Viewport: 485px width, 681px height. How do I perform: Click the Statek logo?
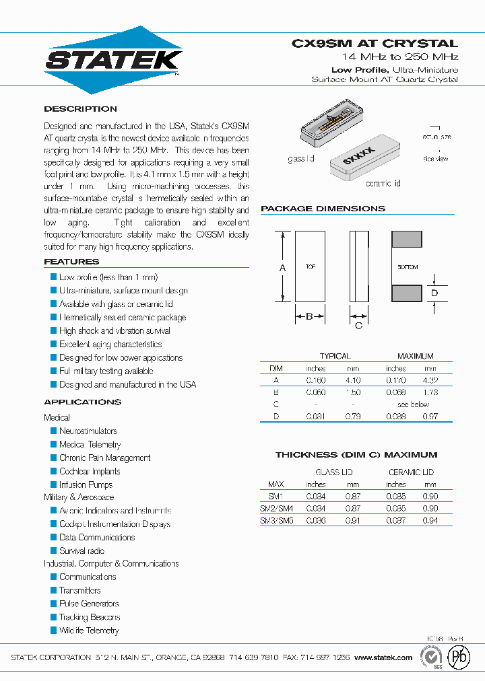click(x=113, y=60)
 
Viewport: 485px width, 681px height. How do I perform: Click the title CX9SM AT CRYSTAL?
click(x=375, y=43)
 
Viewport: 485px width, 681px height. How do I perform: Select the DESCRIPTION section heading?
click(x=80, y=109)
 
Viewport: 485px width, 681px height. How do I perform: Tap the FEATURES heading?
click(x=71, y=262)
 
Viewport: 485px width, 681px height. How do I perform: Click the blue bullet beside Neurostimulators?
click(x=54, y=431)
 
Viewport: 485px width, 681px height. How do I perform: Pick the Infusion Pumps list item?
click(x=86, y=485)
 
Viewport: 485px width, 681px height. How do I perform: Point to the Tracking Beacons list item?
click(x=90, y=617)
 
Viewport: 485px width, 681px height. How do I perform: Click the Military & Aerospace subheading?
click(x=79, y=497)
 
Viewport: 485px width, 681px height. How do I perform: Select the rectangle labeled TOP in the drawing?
click(x=310, y=267)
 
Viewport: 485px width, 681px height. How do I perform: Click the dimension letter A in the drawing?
click(x=282, y=268)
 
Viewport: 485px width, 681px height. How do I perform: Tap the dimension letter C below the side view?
click(x=358, y=326)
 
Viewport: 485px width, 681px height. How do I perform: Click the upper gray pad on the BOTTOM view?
click(x=407, y=240)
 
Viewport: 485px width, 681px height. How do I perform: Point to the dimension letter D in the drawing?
click(x=434, y=293)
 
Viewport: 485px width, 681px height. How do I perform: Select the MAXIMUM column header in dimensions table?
click(x=415, y=356)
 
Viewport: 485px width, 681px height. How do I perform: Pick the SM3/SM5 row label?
click(x=276, y=521)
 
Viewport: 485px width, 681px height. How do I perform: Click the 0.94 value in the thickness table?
click(x=430, y=521)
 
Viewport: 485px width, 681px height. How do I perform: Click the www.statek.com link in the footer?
click(x=383, y=657)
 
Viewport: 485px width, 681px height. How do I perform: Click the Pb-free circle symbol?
click(x=460, y=657)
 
